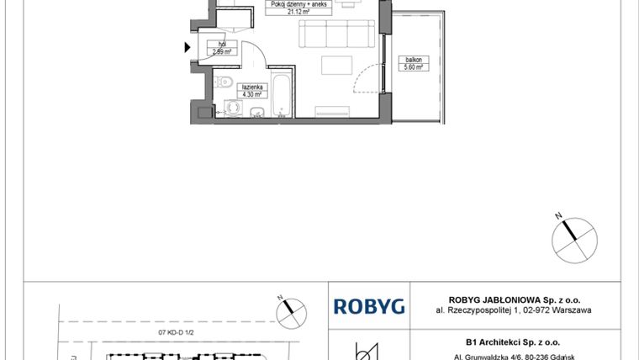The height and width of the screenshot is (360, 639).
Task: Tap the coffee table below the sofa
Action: coord(339,66)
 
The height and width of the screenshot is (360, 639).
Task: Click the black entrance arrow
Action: coord(187,48)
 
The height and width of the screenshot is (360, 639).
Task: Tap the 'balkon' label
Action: coord(413,60)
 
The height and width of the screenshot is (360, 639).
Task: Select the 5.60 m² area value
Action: coord(413,66)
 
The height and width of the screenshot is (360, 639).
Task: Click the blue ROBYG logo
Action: coord(369,306)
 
